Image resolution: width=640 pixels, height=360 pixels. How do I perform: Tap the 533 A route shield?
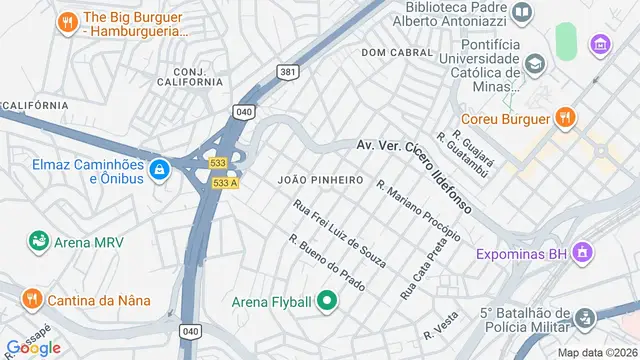[x=226, y=183]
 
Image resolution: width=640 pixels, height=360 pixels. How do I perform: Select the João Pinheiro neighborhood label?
[x=320, y=180]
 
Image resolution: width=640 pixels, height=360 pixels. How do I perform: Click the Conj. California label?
[x=195, y=78]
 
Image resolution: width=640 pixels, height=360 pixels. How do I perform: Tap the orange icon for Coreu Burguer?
[x=565, y=118]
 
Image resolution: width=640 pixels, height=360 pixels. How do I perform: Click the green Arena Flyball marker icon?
[x=327, y=300]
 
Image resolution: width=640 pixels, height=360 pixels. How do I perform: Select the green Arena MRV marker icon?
[x=38, y=241]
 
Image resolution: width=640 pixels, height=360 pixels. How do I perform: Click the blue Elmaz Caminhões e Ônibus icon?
[x=157, y=171]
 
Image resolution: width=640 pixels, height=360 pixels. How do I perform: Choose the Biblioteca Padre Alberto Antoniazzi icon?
[x=521, y=13]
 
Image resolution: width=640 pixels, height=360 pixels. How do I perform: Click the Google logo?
[x=33, y=347]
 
